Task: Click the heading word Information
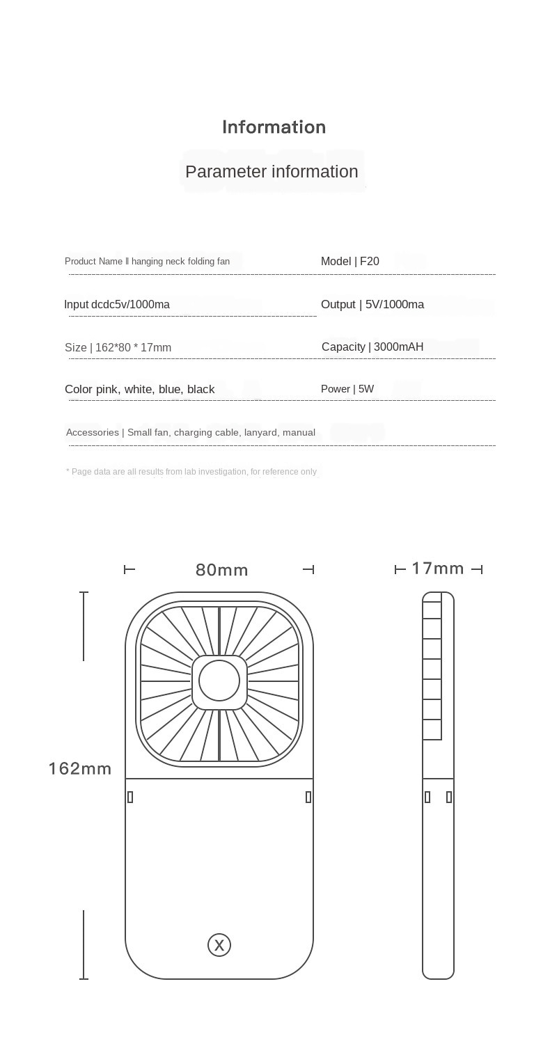[274, 127]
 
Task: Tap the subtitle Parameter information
[272, 172]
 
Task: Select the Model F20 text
[349, 262]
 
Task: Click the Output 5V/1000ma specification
[372, 305]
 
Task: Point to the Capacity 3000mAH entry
[372, 347]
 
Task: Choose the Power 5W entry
[347, 389]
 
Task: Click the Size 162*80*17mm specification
[118, 348]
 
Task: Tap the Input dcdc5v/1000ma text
[117, 305]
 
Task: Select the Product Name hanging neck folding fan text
[147, 262]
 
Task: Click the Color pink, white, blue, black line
[139, 390]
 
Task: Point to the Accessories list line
[190, 433]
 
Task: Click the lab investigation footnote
[191, 472]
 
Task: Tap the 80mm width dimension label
[221, 571]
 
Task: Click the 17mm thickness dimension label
[437, 569]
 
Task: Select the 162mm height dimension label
[80, 769]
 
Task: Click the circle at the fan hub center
[219, 681]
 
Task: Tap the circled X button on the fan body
[219, 945]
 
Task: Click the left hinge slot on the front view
[130, 797]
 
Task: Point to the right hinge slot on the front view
[308, 797]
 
